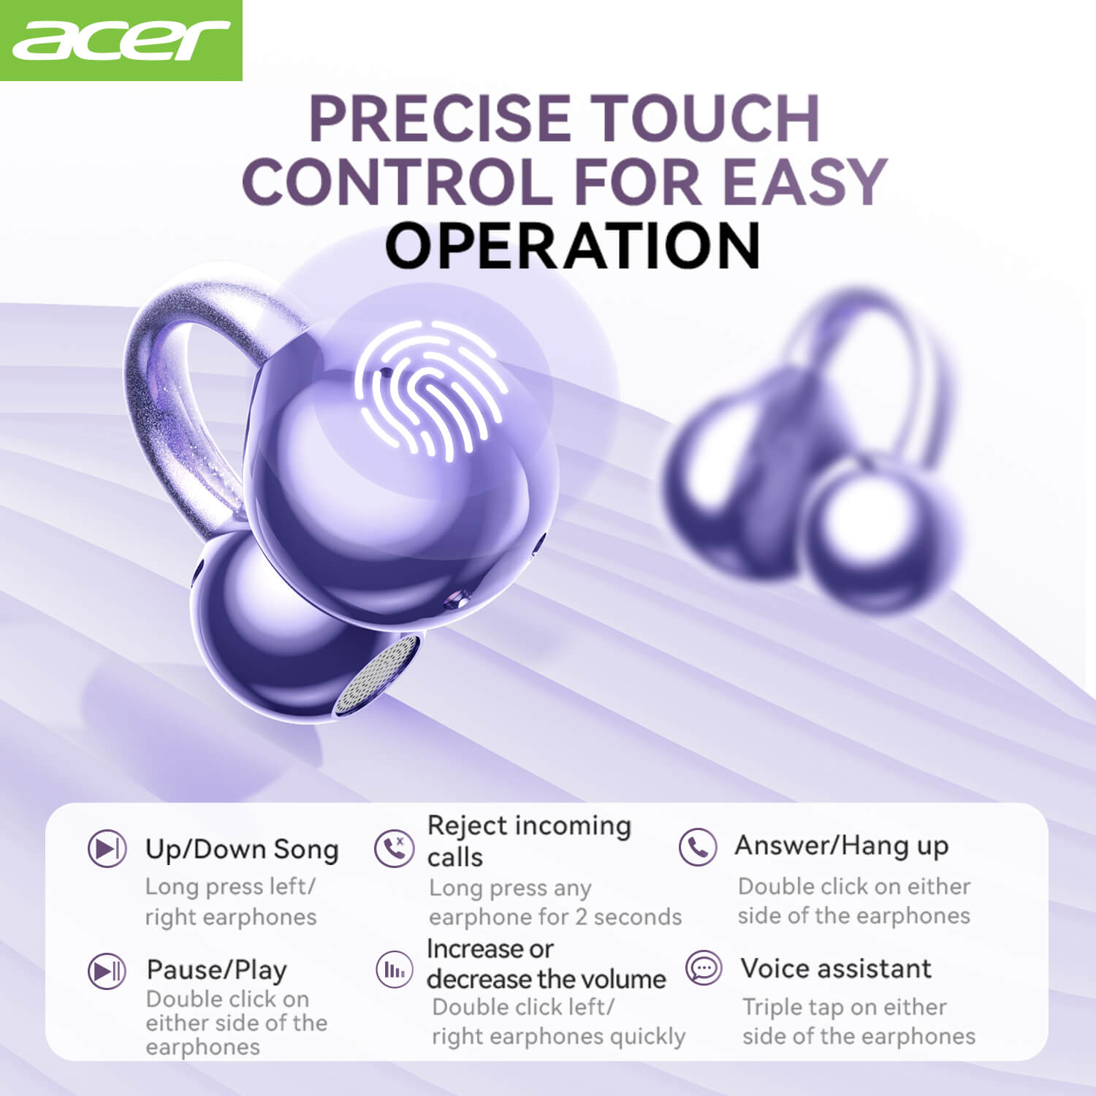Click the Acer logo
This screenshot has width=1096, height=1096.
[x=121, y=40]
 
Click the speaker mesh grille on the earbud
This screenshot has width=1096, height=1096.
[x=376, y=676]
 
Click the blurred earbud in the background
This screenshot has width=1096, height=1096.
[x=811, y=453]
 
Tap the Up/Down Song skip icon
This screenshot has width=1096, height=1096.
[x=107, y=849]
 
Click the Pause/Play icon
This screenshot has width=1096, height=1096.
[x=107, y=971]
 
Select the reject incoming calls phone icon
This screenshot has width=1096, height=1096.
[x=394, y=848]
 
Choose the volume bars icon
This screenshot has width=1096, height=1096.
[x=394, y=970]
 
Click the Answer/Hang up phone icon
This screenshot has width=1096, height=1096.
[x=697, y=847]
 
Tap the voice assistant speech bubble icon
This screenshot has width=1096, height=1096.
[x=704, y=969]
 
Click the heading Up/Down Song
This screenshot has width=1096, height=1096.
[x=242, y=849]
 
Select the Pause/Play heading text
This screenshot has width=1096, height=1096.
[x=217, y=970]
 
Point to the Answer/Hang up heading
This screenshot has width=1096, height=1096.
[x=842, y=845]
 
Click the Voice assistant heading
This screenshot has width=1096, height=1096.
[x=836, y=968]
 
